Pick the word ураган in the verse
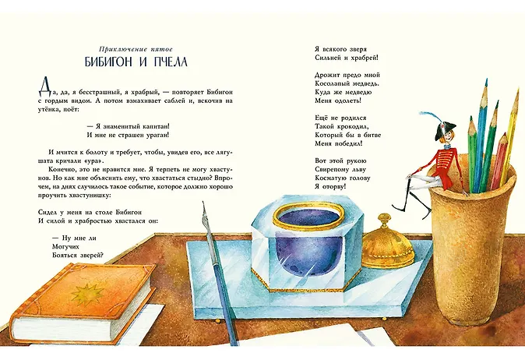157,136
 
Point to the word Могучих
65,247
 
